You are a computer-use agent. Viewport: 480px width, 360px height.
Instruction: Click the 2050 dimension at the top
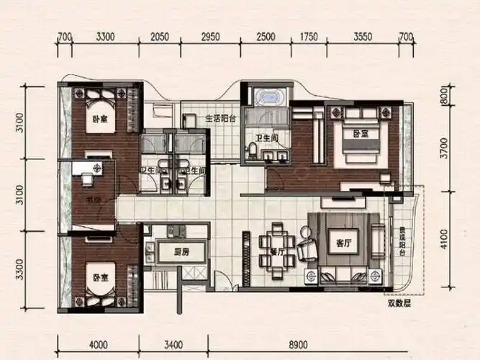pyautogui.click(x=160, y=36)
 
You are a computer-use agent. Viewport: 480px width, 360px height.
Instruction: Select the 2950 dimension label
pyautogui.click(x=210, y=36)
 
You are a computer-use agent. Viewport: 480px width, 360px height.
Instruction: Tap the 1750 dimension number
pyautogui.click(x=309, y=36)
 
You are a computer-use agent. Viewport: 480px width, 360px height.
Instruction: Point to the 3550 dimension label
pyautogui.click(x=363, y=36)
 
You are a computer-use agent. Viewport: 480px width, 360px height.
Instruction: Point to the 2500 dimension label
pyautogui.click(x=266, y=36)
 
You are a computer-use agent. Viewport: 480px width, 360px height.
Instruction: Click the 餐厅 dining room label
pyautogui.click(x=277, y=253)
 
